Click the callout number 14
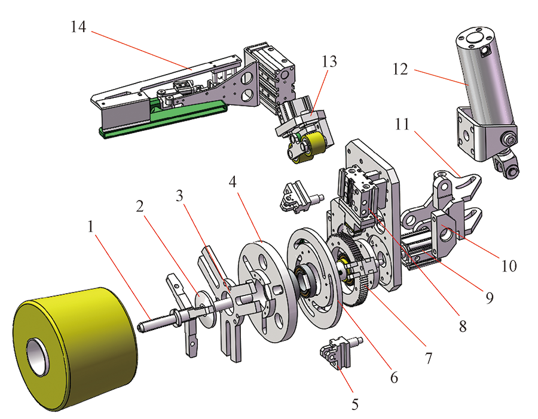point(78,27)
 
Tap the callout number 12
point(400,69)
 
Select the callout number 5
point(355,404)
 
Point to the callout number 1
point(91,227)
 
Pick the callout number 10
point(509,266)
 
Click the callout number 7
point(429,358)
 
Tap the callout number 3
point(179,196)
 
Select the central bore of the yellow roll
point(38,357)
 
